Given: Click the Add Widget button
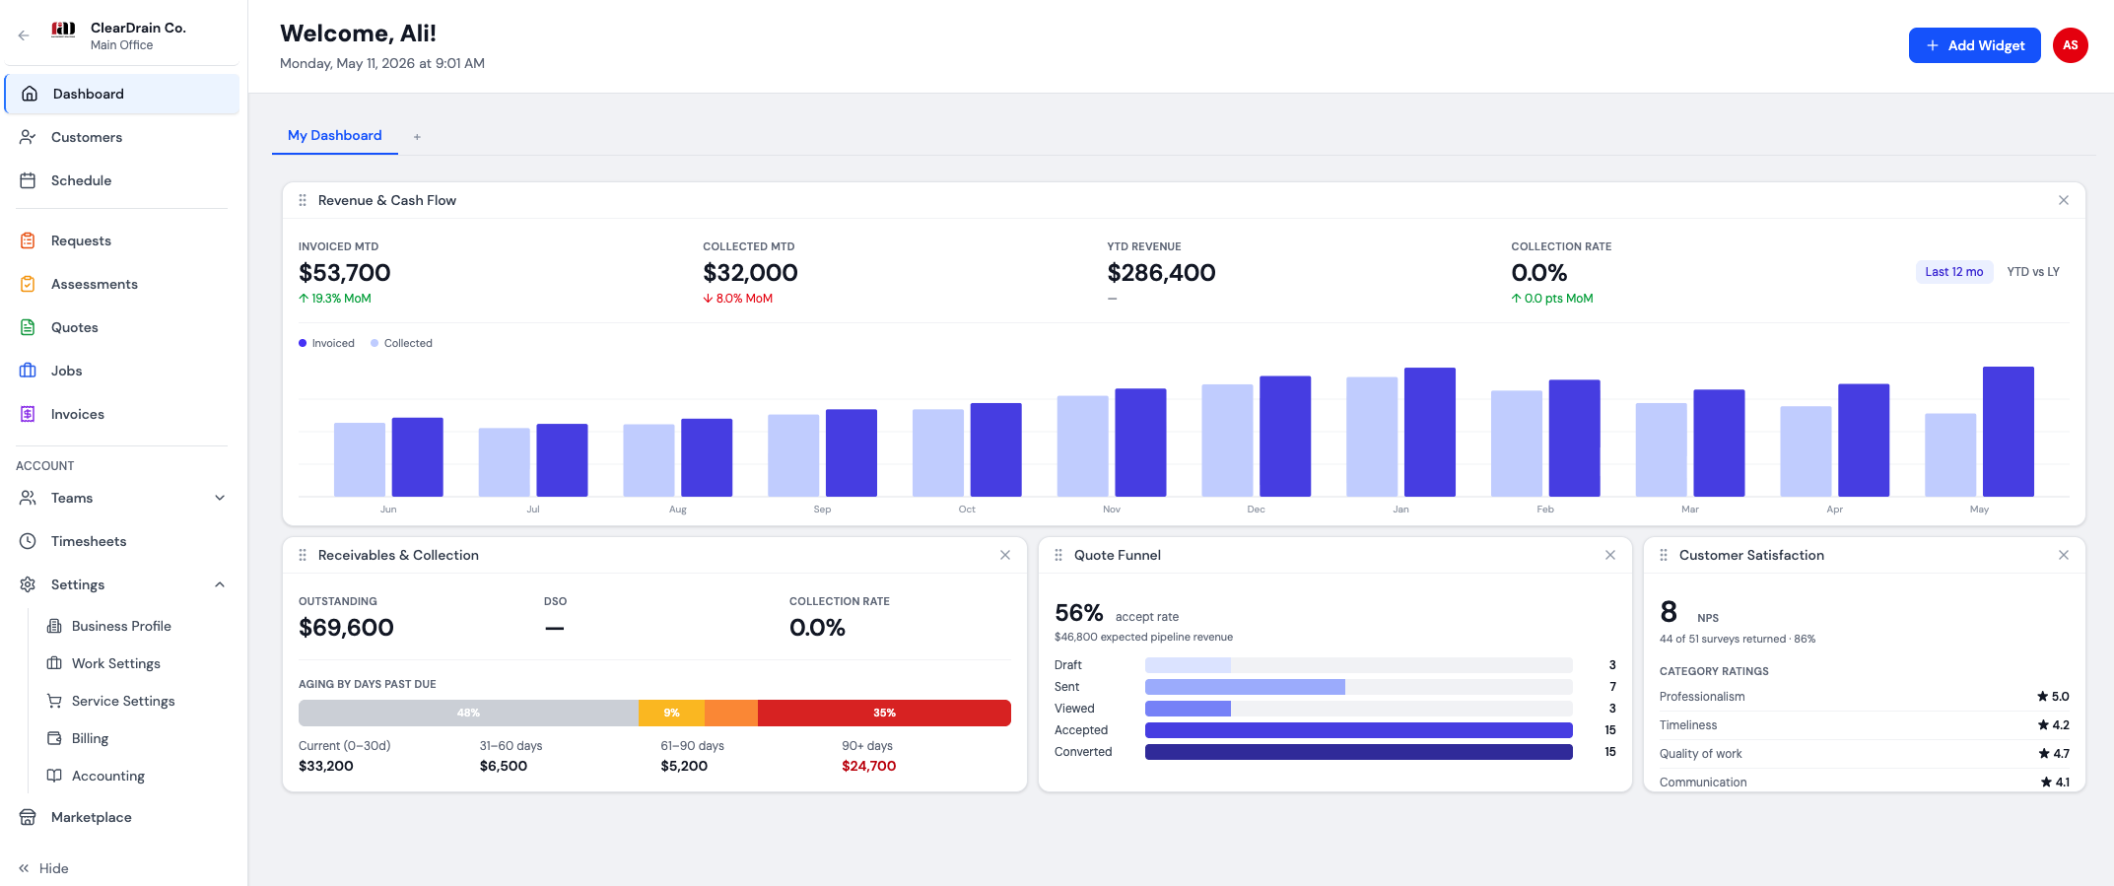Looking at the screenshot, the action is tap(1974, 45).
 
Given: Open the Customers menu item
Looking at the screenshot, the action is tap(87, 137).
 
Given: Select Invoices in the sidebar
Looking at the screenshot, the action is tap(78, 414).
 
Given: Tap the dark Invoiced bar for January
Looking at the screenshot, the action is tap(1429, 432).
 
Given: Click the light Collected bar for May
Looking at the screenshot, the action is tap(1950, 454).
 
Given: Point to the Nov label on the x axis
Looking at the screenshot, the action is tap(1112, 510).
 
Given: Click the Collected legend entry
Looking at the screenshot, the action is tap(401, 343).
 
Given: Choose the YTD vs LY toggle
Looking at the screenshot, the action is tap(2033, 272).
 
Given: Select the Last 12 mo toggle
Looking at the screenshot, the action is tap(1954, 272).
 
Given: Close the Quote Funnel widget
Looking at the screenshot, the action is tap(1610, 555).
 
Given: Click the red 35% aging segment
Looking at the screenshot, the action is tap(884, 713).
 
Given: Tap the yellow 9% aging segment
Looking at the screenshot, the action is tap(671, 713).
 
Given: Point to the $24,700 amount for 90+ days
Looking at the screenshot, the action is tap(869, 766).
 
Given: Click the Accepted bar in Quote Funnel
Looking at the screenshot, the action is tap(1358, 730).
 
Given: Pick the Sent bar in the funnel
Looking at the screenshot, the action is tap(1245, 687).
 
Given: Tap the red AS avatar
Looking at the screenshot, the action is tap(2071, 45).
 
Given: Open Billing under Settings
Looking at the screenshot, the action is tap(90, 738).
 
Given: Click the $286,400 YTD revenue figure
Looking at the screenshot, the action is tap(1161, 273).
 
